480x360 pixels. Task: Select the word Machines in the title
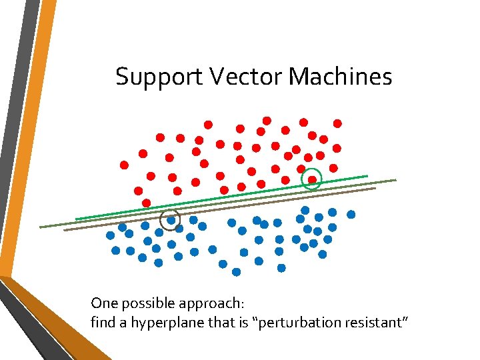click(x=340, y=77)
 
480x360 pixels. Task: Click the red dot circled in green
click(x=312, y=179)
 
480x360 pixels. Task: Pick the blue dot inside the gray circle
click(x=171, y=219)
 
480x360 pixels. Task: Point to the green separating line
click(x=220, y=197)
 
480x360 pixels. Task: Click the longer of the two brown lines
click(x=220, y=203)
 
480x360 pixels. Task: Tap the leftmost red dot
click(x=124, y=165)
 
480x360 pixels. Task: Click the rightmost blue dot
click(x=351, y=215)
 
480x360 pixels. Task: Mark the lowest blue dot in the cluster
click(x=236, y=272)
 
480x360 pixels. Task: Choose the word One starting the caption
click(x=103, y=303)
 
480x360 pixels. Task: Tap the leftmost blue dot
click(x=110, y=235)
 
